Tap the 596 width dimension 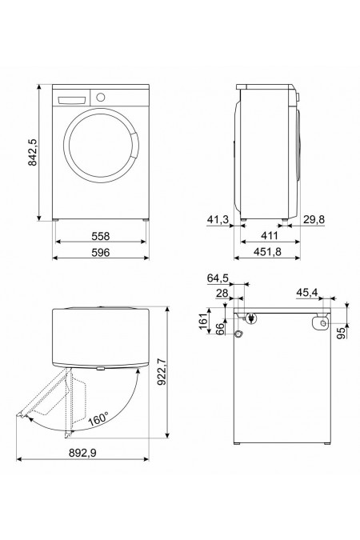pyautogui.click(x=99, y=252)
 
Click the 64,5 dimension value pyautogui.click(x=218, y=278)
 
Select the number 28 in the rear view pyautogui.click(x=221, y=294)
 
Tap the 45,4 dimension pyautogui.click(x=308, y=293)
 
